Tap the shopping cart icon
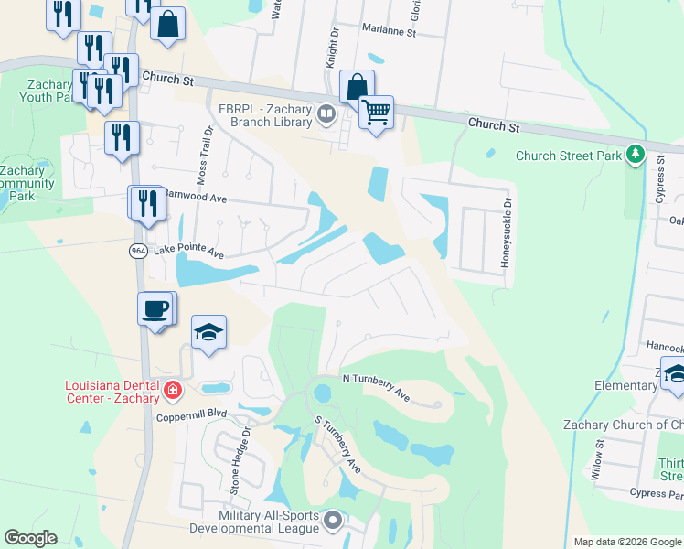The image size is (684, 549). click(x=376, y=113)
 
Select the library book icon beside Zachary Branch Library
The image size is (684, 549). click(x=327, y=114)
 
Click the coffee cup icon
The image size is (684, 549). click(x=156, y=308)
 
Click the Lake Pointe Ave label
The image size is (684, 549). click(x=188, y=250)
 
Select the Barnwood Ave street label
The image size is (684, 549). click(x=195, y=197)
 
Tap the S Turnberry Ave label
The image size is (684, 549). click(x=337, y=446)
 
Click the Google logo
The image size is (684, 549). click(x=30, y=538)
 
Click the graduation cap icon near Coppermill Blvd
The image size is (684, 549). click(x=209, y=332)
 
